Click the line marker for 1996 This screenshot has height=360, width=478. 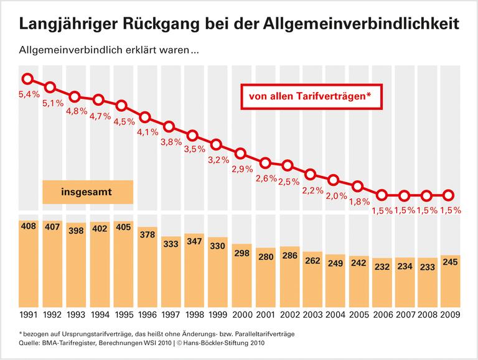point(145,117)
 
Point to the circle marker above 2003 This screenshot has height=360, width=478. point(311,174)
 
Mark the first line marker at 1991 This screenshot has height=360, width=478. point(27,79)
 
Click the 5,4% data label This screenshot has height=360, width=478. point(28,95)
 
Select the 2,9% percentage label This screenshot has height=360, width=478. point(240,169)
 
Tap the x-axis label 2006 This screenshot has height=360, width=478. point(381,315)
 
